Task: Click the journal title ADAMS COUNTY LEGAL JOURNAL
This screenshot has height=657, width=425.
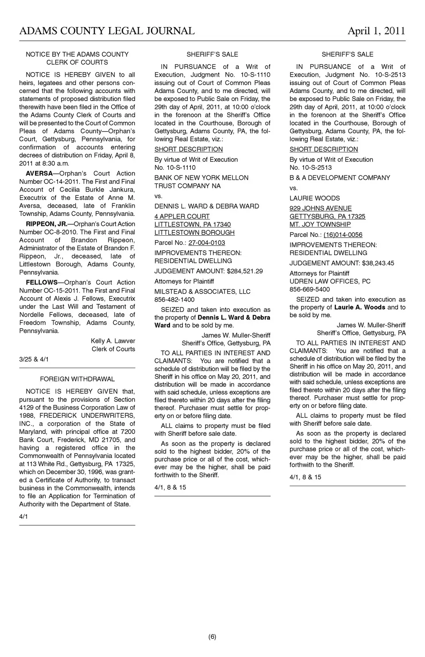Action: coord(107,31)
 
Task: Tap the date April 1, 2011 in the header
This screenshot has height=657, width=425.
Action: coord(376,31)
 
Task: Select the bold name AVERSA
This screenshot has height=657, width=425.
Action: coord(39,174)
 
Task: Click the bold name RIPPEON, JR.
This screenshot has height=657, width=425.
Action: coord(46,224)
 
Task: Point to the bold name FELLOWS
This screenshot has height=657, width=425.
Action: coord(42,283)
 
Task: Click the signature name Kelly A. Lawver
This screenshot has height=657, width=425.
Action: coord(113,341)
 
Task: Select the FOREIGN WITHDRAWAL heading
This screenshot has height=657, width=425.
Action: coord(77,379)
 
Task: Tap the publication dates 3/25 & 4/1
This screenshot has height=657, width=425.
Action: coord(34,359)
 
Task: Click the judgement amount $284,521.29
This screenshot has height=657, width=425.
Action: coord(244,271)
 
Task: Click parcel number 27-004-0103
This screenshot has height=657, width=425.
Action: coord(207,243)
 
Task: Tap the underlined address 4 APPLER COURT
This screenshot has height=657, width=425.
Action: coord(182,217)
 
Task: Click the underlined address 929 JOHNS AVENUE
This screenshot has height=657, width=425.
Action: coord(321,209)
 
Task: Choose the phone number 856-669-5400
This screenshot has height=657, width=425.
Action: coord(309,289)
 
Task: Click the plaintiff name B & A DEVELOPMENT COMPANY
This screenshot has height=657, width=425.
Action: coord(340,178)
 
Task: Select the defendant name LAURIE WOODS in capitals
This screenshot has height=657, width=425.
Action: coord(315,198)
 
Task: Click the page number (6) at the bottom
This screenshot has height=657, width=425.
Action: coord(212,637)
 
